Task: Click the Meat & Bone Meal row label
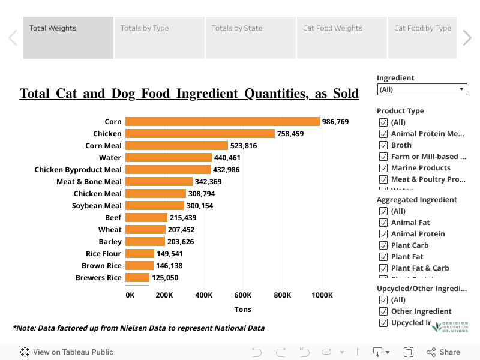tap(89, 182)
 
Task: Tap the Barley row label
tap(110, 242)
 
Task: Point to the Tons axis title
tap(242, 310)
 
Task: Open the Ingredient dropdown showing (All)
tap(422, 89)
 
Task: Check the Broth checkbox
tap(383, 145)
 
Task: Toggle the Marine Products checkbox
tap(383, 168)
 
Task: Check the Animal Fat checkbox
tap(383, 223)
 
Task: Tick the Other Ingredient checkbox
tap(383, 311)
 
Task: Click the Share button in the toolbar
tap(443, 352)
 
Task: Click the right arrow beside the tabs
tap(467, 38)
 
